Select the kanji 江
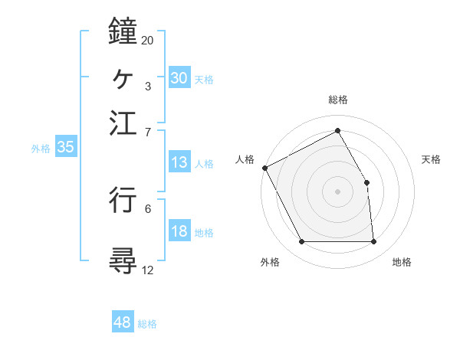pyautogui.click(x=123, y=123)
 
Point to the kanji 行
pyautogui.click(x=123, y=199)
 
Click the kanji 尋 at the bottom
pyautogui.click(x=123, y=261)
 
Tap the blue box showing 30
pyautogui.click(x=179, y=77)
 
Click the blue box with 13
pyautogui.click(x=179, y=162)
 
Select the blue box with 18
pyautogui.click(x=179, y=232)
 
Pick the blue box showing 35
pyautogui.click(x=65, y=147)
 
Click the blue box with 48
pyautogui.click(x=122, y=322)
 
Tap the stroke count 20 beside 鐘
pyautogui.click(x=148, y=40)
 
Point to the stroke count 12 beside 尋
pyautogui.click(x=148, y=270)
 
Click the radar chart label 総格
pyautogui.click(x=338, y=100)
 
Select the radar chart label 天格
pyautogui.click(x=432, y=159)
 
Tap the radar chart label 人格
pyautogui.click(x=245, y=159)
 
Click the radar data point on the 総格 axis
pyautogui.click(x=338, y=130)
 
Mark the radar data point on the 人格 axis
pyautogui.click(x=265, y=168)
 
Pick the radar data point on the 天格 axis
pyautogui.click(x=366, y=182)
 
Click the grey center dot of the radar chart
pyautogui.click(x=338, y=191)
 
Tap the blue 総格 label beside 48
pyautogui.click(x=147, y=323)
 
